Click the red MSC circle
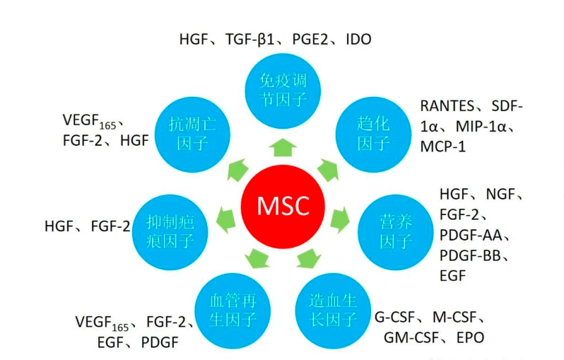tap(282, 204)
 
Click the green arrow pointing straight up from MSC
tap(282, 147)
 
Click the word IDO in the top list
tap(357, 40)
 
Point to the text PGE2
tap(309, 40)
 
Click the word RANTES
tap(445, 107)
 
